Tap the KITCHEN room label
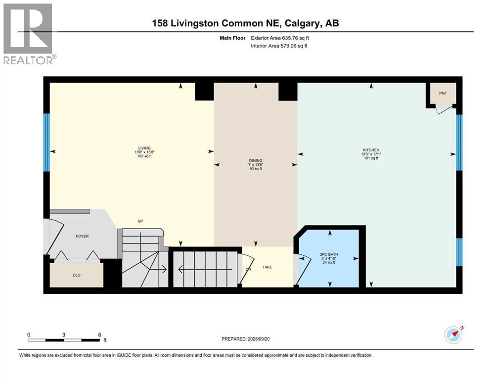371,150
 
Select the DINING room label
255,160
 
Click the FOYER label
82,237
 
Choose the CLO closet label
77,275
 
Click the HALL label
268,267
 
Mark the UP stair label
140,221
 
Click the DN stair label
248,269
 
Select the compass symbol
453,334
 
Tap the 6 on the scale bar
99,334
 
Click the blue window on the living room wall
46,142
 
